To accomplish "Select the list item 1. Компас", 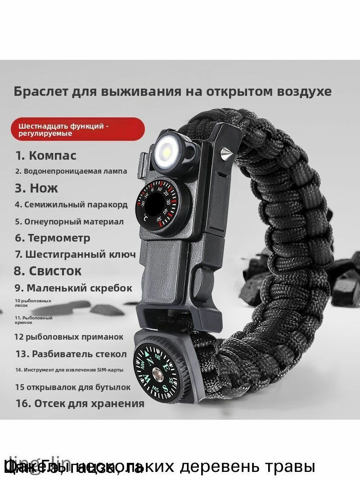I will [x=46, y=156].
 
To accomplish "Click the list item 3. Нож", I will [x=36, y=188].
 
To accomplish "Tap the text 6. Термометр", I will [x=53, y=238].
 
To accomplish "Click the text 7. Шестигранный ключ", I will [x=75, y=254].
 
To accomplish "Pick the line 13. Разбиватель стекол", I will [x=71, y=354].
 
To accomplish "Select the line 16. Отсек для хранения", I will [x=80, y=403].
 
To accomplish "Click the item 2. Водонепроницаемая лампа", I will [x=71, y=171].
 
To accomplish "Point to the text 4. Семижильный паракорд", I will [x=71, y=205].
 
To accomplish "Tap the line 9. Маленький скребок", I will [x=73, y=288].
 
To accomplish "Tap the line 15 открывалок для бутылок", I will [x=72, y=387].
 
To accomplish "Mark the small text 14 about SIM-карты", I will [x=69, y=370].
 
